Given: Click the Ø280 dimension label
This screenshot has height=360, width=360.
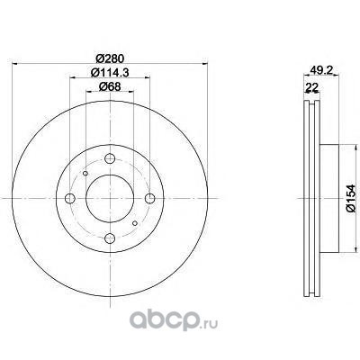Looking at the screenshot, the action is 110,58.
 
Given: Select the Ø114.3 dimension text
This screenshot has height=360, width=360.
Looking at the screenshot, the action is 110,72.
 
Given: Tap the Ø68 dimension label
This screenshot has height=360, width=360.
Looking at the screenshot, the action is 110,86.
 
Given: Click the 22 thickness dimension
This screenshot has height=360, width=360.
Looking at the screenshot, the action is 311,87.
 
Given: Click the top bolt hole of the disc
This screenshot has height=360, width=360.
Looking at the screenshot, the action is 110,158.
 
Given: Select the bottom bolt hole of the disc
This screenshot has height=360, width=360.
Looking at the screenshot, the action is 110,238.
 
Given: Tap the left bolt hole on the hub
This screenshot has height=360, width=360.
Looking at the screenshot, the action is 70,198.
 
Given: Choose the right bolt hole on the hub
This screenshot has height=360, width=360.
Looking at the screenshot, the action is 150,198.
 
